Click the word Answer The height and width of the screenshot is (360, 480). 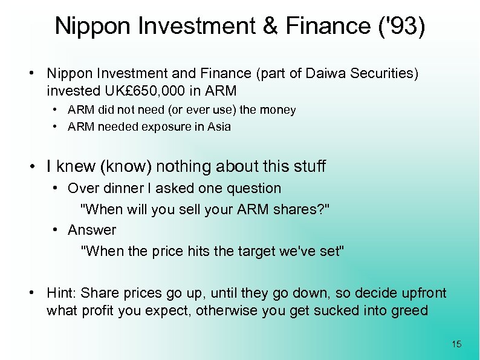pyautogui.click(x=92, y=230)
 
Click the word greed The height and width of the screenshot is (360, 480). pyautogui.click(x=409, y=311)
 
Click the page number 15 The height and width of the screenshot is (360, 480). pyautogui.click(x=456, y=344)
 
